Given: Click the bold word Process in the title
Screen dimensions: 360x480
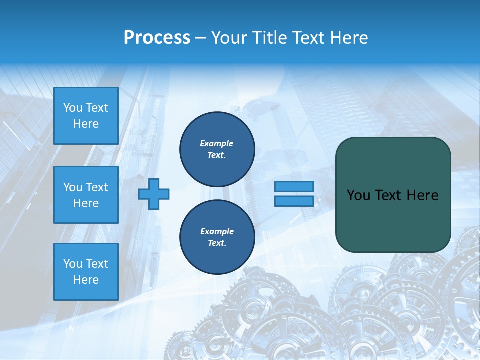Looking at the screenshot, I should pos(157,38).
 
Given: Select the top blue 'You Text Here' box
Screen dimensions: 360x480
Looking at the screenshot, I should pos(86,116).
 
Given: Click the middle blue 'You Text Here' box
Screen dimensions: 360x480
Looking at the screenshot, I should pos(86,195).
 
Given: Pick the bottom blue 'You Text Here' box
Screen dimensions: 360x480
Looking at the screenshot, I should pos(86,272).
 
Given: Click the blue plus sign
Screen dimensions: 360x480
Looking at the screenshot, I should pos(154,194).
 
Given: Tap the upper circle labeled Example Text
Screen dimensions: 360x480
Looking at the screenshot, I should pos(217,149).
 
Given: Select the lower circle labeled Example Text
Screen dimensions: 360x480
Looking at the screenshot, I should pos(217,237).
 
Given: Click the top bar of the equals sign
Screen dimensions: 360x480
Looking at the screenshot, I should pos(294,186).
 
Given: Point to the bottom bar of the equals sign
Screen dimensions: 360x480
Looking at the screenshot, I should pos(294,201).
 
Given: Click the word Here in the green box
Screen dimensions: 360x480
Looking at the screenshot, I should pos(422,195).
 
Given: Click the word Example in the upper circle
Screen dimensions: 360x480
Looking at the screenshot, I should pos(217,144).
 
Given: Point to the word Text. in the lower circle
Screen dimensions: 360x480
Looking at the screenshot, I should pos(217,243).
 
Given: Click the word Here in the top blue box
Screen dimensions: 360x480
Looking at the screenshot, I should pos(86,124).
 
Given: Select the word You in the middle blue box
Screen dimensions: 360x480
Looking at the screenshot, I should pos(73,187).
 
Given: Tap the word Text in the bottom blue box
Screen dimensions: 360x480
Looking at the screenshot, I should pos(96,264).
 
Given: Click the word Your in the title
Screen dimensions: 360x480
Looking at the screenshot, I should pos(229,38).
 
